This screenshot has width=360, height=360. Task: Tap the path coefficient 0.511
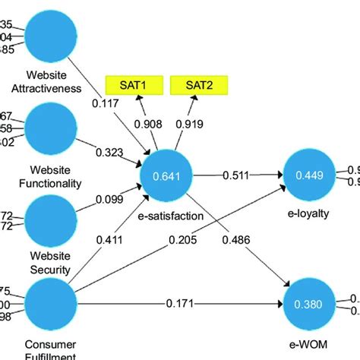[x=236, y=176]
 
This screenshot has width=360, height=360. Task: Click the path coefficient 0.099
[x=109, y=200]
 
